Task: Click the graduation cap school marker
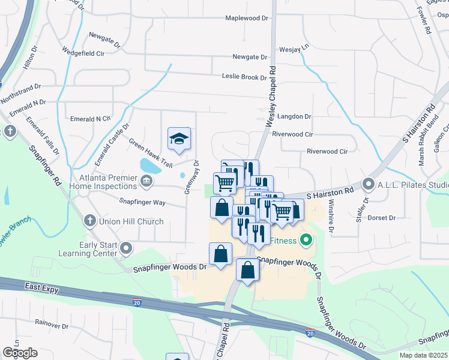(x=179, y=139)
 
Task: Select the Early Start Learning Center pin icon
(x=126, y=248)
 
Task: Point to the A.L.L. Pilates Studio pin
(x=369, y=184)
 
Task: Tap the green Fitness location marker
(x=306, y=241)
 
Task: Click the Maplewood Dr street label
(x=246, y=19)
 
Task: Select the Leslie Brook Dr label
(x=244, y=77)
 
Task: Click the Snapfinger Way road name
(x=142, y=203)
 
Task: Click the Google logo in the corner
(x=20, y=353)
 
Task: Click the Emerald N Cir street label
(x=90, y=119)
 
